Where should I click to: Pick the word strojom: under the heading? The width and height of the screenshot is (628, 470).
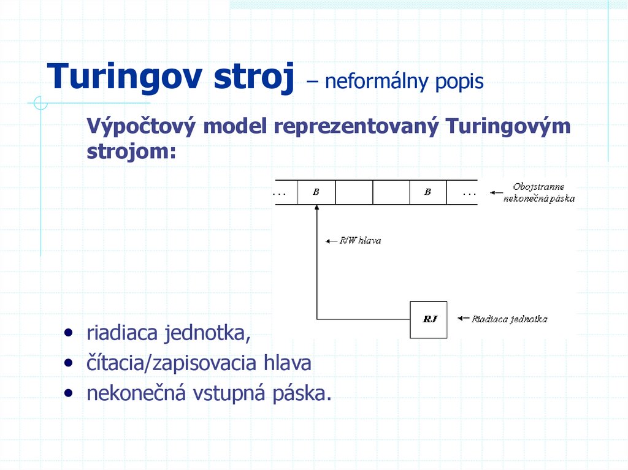131,151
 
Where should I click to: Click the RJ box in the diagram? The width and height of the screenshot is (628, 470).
429,319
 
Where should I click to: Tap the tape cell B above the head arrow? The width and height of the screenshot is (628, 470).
316,192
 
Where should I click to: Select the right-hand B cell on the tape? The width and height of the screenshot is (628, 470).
427,192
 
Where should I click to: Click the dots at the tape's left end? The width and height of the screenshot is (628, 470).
280,192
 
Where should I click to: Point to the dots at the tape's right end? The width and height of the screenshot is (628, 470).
469,192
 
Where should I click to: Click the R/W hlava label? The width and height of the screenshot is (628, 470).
361,240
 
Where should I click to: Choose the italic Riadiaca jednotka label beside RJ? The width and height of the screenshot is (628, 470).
509,319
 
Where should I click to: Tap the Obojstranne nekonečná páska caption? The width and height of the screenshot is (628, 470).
539,192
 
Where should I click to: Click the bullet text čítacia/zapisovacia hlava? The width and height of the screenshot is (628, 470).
199,363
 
